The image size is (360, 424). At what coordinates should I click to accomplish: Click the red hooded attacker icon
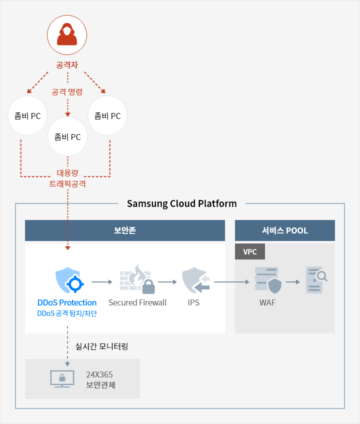[67, 34]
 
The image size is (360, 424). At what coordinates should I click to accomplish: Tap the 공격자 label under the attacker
[67, 65]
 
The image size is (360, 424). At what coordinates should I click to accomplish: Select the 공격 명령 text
[67, 92]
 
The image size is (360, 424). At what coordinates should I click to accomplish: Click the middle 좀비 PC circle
[67, 136]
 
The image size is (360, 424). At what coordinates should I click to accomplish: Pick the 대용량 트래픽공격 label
[67, 178]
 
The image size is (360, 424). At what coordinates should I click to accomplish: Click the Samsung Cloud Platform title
[182, 203]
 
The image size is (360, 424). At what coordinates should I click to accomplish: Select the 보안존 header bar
[125, 230]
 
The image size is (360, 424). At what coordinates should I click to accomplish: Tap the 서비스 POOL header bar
[285, 230]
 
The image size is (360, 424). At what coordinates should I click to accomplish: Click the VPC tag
[250, 251]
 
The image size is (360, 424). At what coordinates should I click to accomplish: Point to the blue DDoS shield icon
[69, 280]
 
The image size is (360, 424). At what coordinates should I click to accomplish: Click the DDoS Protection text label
[67, 302]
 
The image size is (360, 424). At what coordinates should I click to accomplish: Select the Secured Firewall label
[137, 302]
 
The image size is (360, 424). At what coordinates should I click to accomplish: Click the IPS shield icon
[196, 280]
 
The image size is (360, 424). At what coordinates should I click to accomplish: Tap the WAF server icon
[268, 280]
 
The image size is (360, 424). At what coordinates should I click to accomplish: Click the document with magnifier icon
[316, 280]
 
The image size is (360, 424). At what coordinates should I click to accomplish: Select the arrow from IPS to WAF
[231, 282]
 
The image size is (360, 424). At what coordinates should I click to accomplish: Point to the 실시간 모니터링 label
[101, 346]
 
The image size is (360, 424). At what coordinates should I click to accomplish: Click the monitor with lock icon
[62, 379]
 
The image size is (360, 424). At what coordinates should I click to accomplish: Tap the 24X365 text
[99, 374]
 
